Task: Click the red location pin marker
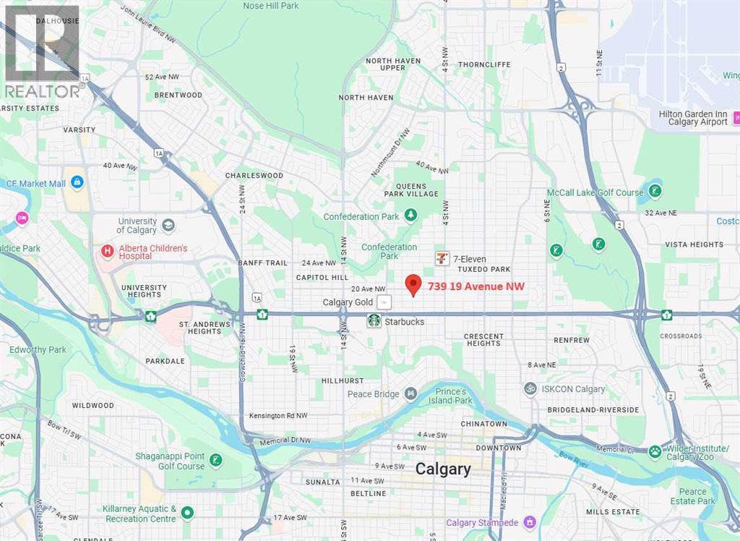click(413, 285)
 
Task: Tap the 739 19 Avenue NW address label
click(476, 286)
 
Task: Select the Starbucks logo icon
click(374, 320)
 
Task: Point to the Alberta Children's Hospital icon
click(108, 252)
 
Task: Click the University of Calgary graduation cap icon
click(168, 225)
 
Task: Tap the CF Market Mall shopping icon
click(77, 182)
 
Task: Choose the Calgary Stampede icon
click(530, 522)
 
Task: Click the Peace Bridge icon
click(410, 393)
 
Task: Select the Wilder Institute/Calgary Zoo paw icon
click(655, 451)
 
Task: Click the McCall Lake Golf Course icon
click(655, 192)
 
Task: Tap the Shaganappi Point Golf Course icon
click(215, 460)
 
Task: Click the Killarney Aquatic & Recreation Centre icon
click(187, 513)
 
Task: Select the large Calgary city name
click(443, 469)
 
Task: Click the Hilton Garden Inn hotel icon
click(736, 117)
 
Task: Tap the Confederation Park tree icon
click(410, 216)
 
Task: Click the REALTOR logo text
click(43, 91)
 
